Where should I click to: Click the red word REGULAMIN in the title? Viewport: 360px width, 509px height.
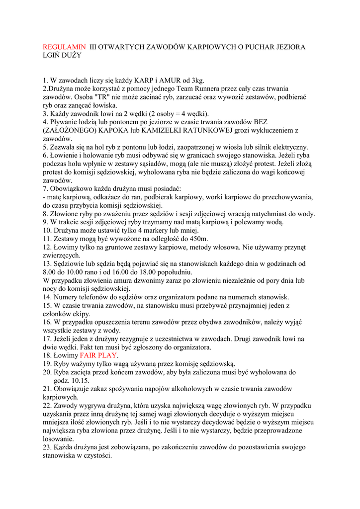[64, 47]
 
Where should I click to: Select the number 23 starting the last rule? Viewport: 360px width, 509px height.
[47, 447]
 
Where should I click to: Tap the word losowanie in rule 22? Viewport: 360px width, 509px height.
[57, 439]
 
